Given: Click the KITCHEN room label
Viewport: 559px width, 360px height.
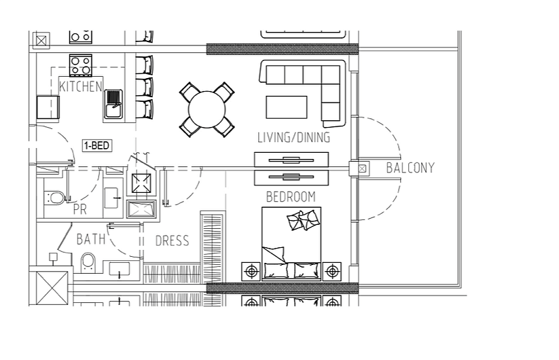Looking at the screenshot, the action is tap(81, 86).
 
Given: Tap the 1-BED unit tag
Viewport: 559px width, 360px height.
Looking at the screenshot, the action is tap(97, 145).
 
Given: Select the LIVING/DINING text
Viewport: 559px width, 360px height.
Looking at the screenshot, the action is tap(293, 137).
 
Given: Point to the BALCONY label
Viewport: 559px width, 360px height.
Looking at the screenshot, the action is tap(410, 168).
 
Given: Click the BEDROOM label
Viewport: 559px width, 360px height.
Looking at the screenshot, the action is tap(291, 197).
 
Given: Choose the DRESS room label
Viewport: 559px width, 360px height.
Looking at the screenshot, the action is tap(173, 241).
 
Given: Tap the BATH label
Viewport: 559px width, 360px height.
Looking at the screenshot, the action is tap(91, 239).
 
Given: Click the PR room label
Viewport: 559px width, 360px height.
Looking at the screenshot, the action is tap(80, 209).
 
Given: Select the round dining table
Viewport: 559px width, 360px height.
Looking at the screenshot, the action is tap(206, 109).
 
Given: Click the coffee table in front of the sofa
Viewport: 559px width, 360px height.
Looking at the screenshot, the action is tap(287, 107).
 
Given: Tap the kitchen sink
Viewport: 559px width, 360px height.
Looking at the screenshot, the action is tap(113, 104).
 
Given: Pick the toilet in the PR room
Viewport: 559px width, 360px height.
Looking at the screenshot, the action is tap(54, 198).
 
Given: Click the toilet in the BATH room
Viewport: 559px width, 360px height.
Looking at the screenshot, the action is tap(88, 263).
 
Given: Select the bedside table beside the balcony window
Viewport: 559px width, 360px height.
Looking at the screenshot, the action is tap(332, 271).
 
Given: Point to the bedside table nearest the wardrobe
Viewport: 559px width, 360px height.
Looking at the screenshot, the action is tap(251, 271).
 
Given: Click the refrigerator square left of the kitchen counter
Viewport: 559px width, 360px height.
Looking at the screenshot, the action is tap(48, 107).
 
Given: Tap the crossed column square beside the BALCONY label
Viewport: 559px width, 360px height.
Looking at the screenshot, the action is tap(362, 168).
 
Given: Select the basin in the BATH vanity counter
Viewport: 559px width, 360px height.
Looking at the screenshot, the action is tap(120, 270).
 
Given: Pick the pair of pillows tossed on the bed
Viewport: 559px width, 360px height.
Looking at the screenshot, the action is tap(304, 219).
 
